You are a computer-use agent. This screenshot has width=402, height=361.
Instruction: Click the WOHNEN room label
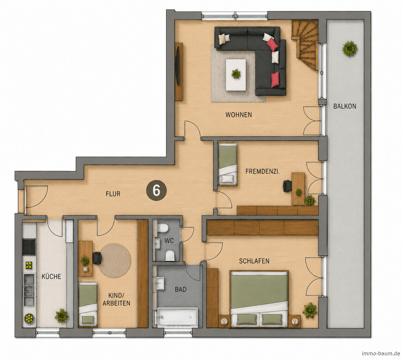coord(239,115)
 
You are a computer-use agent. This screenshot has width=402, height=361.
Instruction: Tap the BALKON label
coord(345,106)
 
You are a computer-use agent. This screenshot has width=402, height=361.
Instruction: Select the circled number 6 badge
coord(156,191)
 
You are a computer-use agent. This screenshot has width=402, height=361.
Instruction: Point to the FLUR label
coord(113,194)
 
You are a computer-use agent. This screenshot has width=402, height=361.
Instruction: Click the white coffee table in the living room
coord(236,75)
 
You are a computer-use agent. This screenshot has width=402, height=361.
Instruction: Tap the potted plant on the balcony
coord(349,48)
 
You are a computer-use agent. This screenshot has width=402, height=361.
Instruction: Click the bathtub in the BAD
coord(177,317)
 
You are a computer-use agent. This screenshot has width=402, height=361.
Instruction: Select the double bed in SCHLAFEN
coord(259,299)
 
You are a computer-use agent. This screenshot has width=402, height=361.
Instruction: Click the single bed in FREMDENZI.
coord(227,164)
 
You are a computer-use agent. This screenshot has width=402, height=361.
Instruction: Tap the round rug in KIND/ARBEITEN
coord(115,261)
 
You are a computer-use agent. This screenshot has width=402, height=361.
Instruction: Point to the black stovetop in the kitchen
coord(29,246)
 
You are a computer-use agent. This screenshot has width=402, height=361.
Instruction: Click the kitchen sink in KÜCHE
coord(29,290)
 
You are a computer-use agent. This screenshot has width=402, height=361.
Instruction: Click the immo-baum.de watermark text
coord(381,354)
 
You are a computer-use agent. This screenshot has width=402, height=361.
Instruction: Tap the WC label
coord(169,241)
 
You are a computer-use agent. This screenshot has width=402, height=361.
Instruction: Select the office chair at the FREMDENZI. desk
coord(287,186)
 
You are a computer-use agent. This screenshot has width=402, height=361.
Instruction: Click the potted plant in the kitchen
coord(62,315)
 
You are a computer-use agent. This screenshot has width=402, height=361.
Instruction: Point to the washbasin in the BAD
coord(160,283)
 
